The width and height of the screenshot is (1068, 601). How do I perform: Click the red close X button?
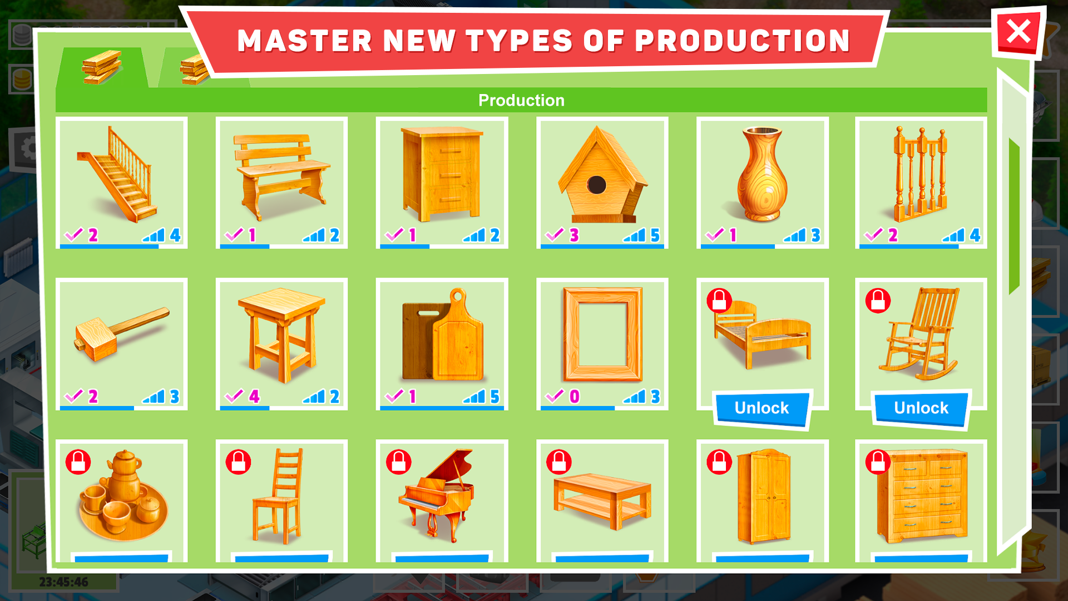pyautogui.click(x=1018, y=32)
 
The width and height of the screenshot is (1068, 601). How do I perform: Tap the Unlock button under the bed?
pyautogui.click(x=762, y=408)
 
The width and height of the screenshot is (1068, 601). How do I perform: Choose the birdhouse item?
pyautogui.click(x=602, y=175)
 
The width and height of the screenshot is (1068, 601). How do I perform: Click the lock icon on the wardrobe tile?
pyautogui.click(x=719, y=462)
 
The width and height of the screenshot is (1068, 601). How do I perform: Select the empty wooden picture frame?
pyautogui.click(x=602, y=334)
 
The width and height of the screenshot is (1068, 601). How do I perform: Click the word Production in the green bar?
pyautogui.click(x=521, y=100)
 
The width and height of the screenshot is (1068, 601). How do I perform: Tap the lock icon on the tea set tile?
pyautogui.click(x=78, y=462)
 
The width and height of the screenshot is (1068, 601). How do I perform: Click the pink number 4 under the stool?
pyautogui.click(x=254, y=396)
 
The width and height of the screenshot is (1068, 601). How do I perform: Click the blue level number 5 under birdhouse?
pyautogui.click(x=655, y=235)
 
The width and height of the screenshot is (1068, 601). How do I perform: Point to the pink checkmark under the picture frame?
pyautogui.click(x=555, y=396)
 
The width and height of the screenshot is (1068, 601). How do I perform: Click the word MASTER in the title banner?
pyautogui.click(x=304, y=41)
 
